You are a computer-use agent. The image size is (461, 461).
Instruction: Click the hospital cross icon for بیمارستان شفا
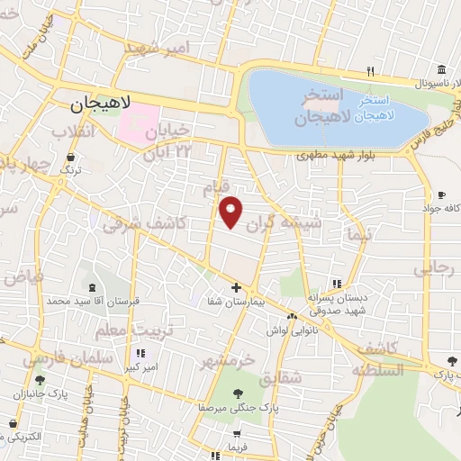coord(236,288)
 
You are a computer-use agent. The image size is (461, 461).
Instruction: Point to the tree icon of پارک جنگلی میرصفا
coord(237,393)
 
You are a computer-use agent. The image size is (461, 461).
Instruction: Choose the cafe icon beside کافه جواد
coord(440,194)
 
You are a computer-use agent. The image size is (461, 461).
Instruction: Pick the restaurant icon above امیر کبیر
coord(140,354)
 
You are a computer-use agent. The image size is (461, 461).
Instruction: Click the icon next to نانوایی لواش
coord(294,316)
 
